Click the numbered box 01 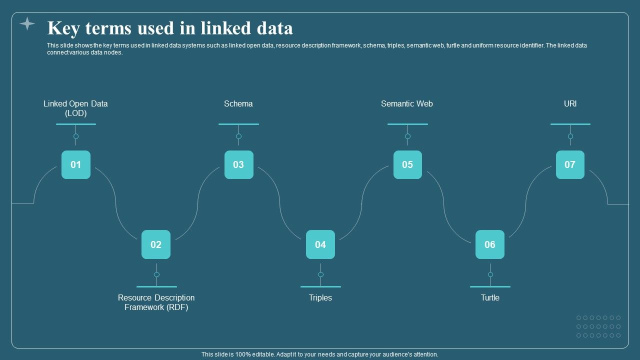[x=76, y=164]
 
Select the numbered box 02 [x=156, y=244]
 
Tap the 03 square [x=238, y=164]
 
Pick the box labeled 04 [x=320, y=244]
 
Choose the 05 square [x=407, y=164]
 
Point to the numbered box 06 [x=490, y=244]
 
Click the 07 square [x=570, y=164]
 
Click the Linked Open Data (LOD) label [x=75, y=108]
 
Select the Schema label [x=238, y=104]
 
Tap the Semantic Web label [x=407, y=104]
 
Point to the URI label [x=570, y=104]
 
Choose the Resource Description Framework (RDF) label [x=156, y=302]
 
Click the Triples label [x=320, y=298]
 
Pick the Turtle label [x=490, y=298]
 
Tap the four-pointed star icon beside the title [x=27, y=23]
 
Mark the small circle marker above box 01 [x=76, y=136]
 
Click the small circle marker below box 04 [x=320, y=274]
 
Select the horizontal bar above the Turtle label [x=490, y=286]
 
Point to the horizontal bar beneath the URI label [x=570, y=124]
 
